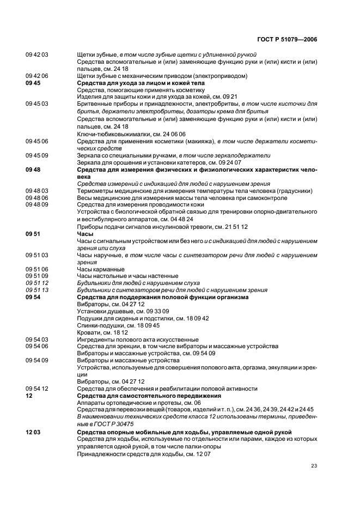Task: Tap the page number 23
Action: pos(314,465)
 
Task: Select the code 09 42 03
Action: pos(37,55)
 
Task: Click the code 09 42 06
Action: pos(37,76)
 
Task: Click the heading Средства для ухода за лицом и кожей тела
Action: pos(141,83)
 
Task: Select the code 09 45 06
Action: pos(37,141)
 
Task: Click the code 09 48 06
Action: pos(37,197)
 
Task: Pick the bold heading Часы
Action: pos(86,233)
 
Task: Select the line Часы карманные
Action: pos(101,269)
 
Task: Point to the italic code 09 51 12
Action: pos(37,283)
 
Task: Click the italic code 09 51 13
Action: pos(37,290)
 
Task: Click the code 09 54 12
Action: pos(37,388)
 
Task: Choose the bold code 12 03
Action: pos(33,432)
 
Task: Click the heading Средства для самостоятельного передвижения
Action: pos(147,396)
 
